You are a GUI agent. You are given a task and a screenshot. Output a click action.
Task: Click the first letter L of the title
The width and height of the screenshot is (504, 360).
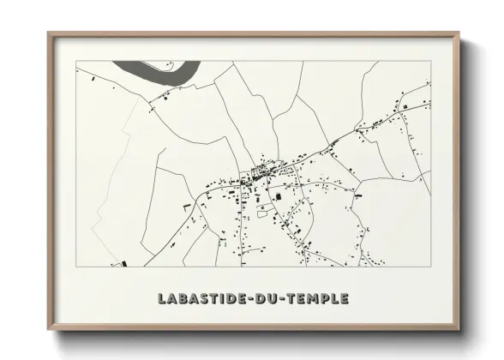163,299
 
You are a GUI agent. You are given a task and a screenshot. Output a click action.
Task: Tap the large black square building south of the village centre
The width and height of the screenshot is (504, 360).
278,197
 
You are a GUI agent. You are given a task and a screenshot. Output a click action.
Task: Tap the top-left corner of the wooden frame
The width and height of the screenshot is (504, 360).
49,34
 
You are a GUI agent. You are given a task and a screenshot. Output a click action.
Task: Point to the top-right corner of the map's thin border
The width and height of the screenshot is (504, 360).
430,61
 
